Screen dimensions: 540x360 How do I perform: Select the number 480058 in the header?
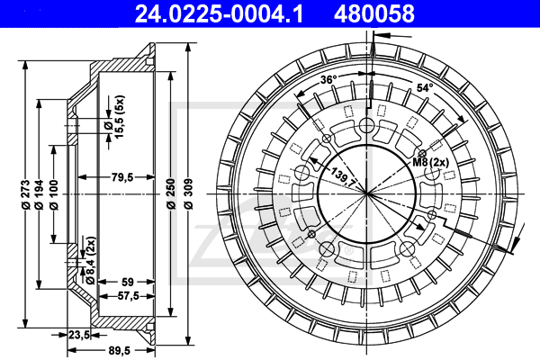[375, 13]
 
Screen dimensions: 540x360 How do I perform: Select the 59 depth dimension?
[128, 281]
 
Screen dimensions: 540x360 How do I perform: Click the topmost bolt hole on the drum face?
[367, 125]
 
